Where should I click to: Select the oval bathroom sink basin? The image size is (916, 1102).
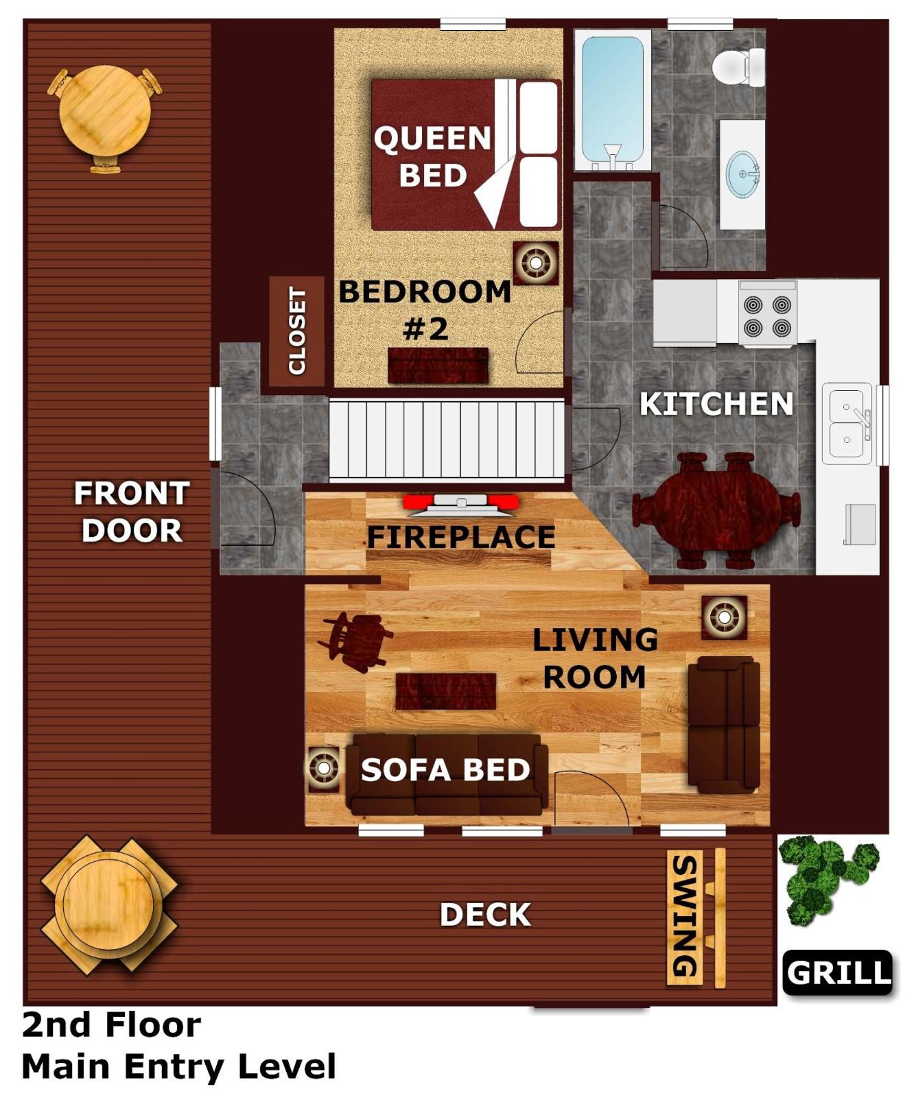pos(743,174)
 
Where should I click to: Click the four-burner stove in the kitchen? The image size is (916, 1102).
pos(767,313)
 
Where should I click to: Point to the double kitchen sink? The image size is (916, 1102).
pos(847,423)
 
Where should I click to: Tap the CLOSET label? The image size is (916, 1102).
pos(297,331)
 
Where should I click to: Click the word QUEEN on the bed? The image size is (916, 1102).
pos(432,137)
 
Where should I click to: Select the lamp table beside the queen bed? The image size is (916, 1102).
pos(535,262)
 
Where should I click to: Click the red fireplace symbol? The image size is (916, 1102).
pos(460,503)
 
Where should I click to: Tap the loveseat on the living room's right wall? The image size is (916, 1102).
pos(724,724)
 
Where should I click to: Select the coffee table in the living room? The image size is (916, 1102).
pos(446,691)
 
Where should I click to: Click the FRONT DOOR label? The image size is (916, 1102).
pos(131,511)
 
